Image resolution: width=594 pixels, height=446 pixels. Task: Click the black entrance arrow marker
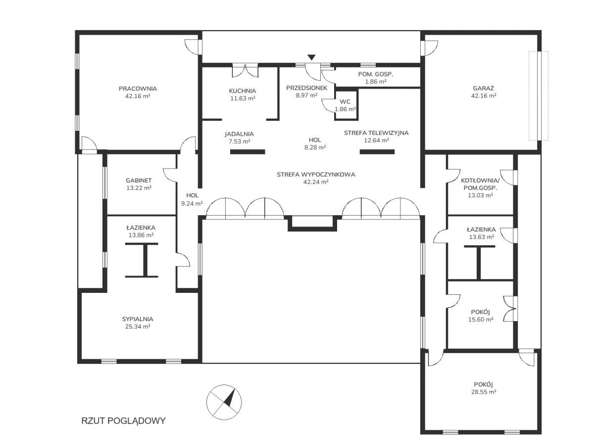point(311,57)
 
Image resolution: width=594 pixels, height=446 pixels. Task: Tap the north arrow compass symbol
point(224,402)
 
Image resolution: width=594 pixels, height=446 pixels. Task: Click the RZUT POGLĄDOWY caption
point(123,421)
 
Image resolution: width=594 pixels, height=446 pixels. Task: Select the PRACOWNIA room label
point(138,89)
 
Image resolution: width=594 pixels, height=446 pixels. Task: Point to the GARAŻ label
point(483,88)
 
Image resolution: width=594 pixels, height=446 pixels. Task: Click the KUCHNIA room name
point(243,91)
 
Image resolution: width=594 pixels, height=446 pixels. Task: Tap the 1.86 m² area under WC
point(345,109)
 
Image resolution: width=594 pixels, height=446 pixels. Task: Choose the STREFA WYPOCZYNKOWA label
point(316,174)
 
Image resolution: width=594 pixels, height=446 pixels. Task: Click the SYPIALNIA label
point(138,319)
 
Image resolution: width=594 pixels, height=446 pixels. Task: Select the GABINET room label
point(139,180)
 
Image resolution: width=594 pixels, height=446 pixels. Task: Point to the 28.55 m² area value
point(484,391)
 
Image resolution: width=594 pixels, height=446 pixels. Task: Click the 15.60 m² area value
point(481,319)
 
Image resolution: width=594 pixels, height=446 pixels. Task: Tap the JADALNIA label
point(239,134)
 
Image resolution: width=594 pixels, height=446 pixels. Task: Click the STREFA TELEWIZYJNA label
point(376,133)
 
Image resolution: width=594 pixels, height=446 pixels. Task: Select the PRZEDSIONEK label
point(306,88)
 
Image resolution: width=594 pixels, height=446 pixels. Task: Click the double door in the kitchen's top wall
point(245,70)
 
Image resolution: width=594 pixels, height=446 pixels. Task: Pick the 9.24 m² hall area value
point(192,203)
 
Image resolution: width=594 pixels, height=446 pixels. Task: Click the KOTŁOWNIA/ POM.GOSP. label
point(480,184)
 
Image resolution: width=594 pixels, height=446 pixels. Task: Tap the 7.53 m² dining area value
point(239,141)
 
